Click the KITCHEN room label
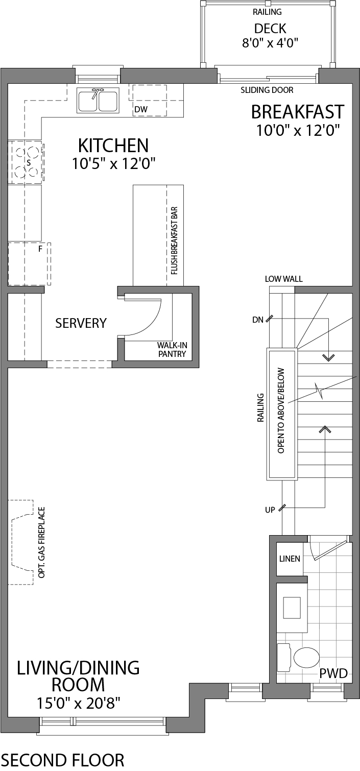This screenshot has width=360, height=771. pyautogui.click(x=113, y=146)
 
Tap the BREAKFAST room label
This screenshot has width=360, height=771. pyautogui.click(x=297, y=111)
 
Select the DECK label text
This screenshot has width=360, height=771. pyautogui.click(x=270, y=29)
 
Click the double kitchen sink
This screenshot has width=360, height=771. pyautogui.click(x=98, y=100)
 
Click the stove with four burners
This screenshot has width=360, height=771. pyautogui.click(x=26, y=162)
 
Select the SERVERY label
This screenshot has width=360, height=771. pyautogui.click(x=81, y=323)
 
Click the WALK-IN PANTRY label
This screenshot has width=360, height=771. pyautogui.click(x=172, y=349)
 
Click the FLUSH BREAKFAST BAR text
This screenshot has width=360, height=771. pyautogui.click(x=175, y=240)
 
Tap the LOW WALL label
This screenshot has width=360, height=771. pyautogui.click(x=283, y=279)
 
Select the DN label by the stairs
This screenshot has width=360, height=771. pyautogui.click(x=257, y=320)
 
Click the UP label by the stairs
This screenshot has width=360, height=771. pyautogui.click(x=270, y=510)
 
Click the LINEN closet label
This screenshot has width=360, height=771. pyautogui.click(x=290, y=559)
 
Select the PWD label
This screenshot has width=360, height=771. pyautogui.click(x=333, y=674)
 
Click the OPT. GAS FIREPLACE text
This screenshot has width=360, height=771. pyautogui.click(x=42, y=542)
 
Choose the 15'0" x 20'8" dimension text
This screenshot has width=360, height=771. pyautogui.click(x=78, y=703)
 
